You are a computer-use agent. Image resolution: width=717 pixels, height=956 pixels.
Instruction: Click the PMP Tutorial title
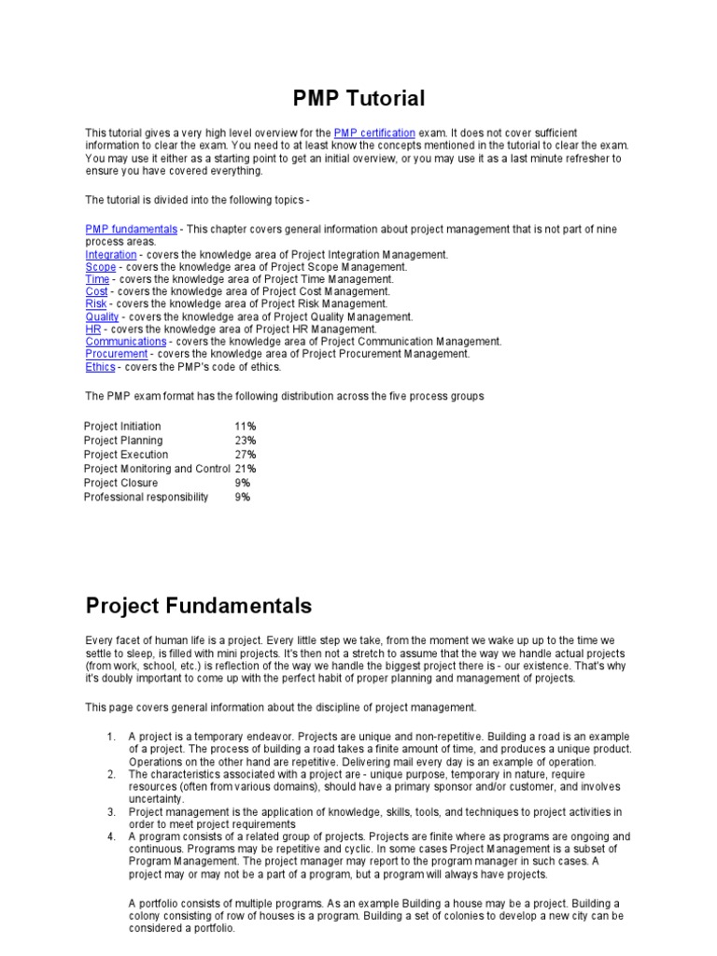click(x=358, y=98)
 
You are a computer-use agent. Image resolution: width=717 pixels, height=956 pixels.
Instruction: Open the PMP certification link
click(x=373, y=134)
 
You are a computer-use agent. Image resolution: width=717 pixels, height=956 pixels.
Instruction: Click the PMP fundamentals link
click(x=131, y=229)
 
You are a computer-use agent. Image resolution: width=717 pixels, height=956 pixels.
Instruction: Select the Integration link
click(x=110, y=254)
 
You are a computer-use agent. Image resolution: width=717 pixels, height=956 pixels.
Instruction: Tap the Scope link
click(x=100, y=267)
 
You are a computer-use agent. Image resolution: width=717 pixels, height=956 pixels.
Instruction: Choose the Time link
click(x=97, y=279)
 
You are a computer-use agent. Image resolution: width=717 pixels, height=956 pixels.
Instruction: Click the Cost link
click(x=96, y=291)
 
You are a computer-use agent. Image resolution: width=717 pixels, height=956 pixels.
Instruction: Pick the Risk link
click(x=96, y=304)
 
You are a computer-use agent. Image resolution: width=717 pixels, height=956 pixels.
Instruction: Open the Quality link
click(x=102, y=316)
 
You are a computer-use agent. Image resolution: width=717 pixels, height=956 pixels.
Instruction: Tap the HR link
click(x=92, y=330)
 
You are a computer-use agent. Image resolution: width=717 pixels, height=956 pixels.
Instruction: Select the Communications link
click(x=125, y=342)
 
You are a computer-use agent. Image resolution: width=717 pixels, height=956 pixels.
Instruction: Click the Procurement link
click(x=116, y=354)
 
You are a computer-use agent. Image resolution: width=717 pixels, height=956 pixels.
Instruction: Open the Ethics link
click(x=100, y=367)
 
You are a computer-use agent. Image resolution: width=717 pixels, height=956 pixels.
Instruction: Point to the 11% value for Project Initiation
click(x=246, y=427)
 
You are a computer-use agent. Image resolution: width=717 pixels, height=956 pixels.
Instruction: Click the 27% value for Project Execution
click(x=246, y=455)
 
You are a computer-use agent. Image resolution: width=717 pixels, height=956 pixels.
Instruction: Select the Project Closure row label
click(x=121, y=484)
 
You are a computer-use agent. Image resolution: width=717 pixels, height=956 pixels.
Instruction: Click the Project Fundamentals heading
click(x=198, y=606)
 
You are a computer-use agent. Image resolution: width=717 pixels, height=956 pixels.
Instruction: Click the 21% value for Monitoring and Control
click(x=246, y=469)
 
